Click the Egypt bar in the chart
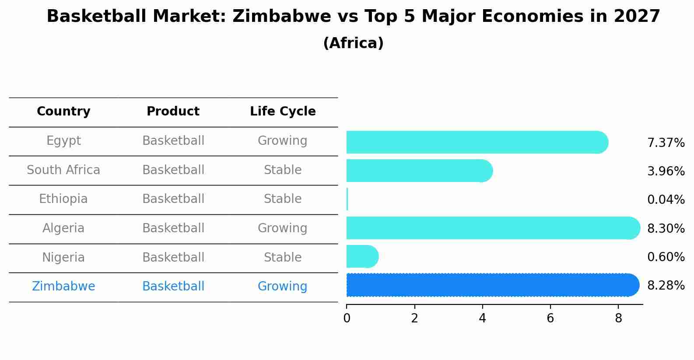(x=477, y=142)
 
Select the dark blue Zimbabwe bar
(x=492, y=285)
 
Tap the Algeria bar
(x=492, y=228)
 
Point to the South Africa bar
(x=419, y=171)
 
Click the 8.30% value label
(x=666, y=228)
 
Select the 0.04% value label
(x=666, y=200)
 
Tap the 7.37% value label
(x=666, y=143)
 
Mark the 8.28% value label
(x=666, y=286)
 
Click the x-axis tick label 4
(x=482, y=318)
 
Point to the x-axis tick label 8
(x=618, y=318)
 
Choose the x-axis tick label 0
(x=347, y=318)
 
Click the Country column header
(x=63, y=112)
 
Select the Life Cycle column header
(x=283, y=112)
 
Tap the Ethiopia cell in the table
(x=63, y=199)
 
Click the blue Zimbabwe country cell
(x=63, y=287)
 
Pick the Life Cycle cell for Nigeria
(x=283, y=257)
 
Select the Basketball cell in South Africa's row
(x=173, y=170)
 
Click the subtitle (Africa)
(x=353, y=43)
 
